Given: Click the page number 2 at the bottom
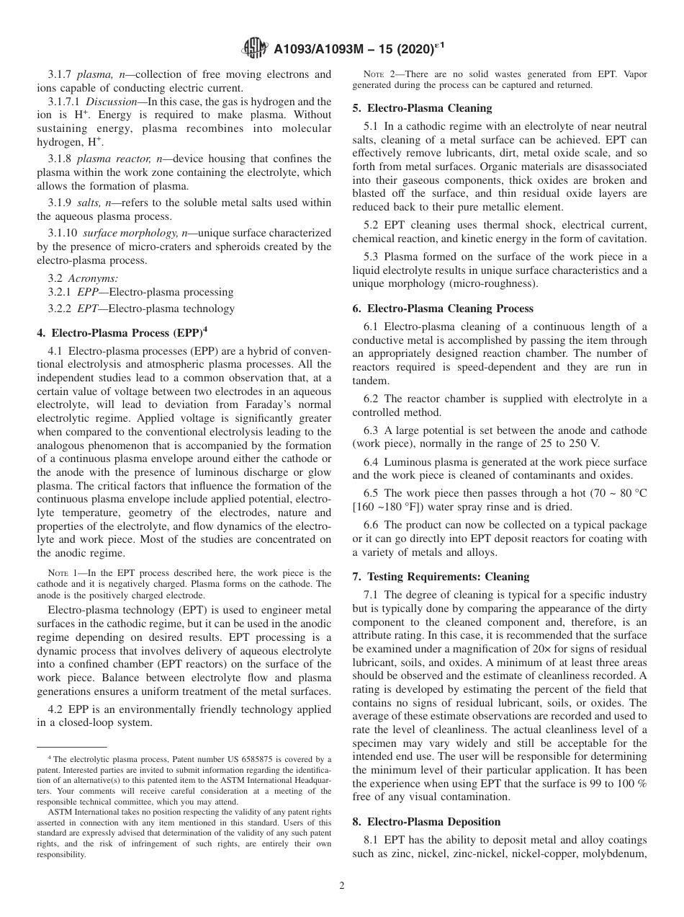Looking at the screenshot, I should (x=342, y=886).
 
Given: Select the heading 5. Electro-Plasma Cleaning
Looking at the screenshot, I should (x=422, y=108).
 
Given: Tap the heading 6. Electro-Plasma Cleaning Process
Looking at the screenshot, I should (x=443, y=308).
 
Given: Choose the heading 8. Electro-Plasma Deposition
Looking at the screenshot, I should (x=426, y=821).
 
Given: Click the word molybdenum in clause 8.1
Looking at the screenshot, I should (x=619, y=854).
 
